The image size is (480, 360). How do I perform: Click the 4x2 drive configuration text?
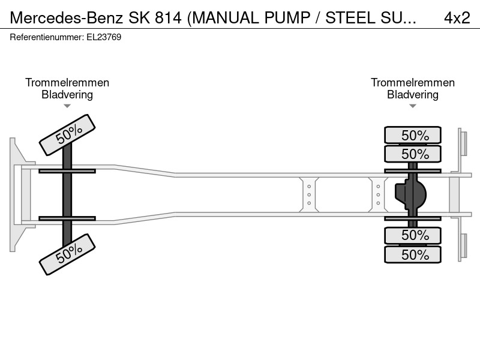click(457, 18)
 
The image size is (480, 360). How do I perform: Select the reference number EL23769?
click(104, 37)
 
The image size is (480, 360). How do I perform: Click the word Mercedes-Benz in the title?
click(67, 18)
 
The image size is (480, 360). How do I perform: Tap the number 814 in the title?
click(168, 18)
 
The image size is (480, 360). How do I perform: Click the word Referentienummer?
click(47, 37)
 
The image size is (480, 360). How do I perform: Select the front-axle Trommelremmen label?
click(67, 83)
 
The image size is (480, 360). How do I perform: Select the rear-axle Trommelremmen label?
click(413, 83)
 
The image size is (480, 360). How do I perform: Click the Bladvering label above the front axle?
click(67, 95)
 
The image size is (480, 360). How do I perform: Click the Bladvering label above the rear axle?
click(413, 95)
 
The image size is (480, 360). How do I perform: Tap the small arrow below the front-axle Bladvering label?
click(67, 106)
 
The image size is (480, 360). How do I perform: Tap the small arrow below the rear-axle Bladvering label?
click(413, 106)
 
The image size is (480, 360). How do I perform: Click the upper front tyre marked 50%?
click(67, 135)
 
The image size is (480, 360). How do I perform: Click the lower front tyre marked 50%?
click(67, 254)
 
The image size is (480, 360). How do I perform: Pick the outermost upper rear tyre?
click(413, 135)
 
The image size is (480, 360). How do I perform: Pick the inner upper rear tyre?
click(413, 154)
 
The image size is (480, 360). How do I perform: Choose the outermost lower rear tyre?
click(413, 254)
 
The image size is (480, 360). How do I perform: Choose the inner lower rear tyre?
click(413, 235)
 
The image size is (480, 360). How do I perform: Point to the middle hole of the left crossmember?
click(309, 194)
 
